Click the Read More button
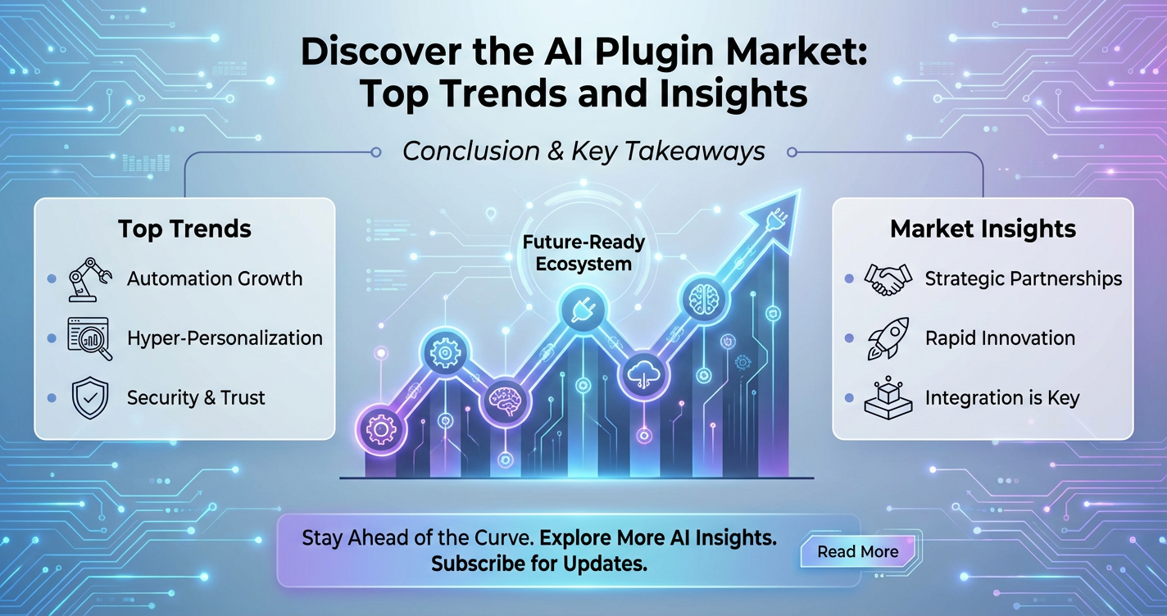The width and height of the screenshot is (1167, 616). [x=858, y=551]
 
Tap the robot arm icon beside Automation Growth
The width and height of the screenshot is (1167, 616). [x=89, y=279]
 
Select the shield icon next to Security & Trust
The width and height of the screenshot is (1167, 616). [x=90, y=398]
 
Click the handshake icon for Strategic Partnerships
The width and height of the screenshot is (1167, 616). [x=888, y=279]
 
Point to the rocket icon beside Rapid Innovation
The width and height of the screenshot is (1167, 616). [x=888, y=338]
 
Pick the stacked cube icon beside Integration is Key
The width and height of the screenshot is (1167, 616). [x=888, y=398]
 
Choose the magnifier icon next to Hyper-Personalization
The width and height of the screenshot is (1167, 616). [x=89, y=338]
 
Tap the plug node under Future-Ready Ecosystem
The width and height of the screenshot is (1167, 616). [x=583, y=310]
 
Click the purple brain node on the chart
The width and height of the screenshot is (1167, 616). [x=506, y=401]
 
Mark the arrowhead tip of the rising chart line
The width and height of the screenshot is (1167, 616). [x=800, y=191]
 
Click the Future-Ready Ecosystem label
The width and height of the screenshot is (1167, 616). [x=583, y=253]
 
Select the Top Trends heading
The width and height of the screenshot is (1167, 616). [x=184, y=229]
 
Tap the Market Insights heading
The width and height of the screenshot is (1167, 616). [x=983, y=229]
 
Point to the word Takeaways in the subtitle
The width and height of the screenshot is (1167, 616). [x=694, y=152]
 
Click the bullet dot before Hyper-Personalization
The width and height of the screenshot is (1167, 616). [x=52, y=338]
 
